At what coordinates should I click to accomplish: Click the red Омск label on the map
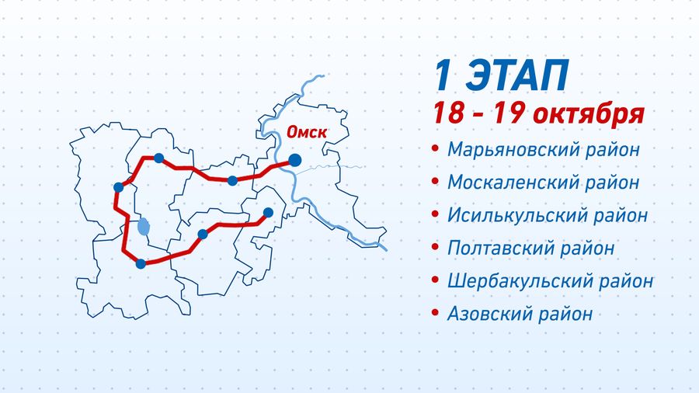[307, 132]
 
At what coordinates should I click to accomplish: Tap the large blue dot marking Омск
[294, 160]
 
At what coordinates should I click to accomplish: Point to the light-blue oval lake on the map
[144, 227]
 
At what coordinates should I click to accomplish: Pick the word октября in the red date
[589, 114]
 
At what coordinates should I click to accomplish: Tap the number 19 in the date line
[508, 113]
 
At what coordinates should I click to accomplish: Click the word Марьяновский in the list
[513, 150]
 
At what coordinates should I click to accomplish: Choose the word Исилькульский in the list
[516, 215]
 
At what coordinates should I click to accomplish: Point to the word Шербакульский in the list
[520, 281]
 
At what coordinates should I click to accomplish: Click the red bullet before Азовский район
[436, 313]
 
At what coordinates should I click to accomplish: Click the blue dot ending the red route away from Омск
[268, 213]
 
